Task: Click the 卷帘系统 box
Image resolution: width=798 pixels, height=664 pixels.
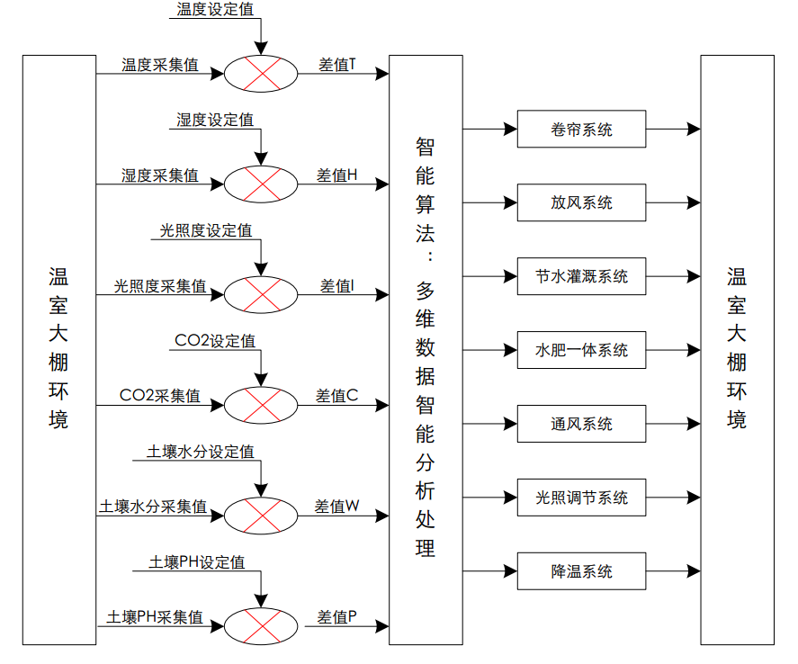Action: pos(581,129)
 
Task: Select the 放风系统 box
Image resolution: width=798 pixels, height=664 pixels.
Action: pos(581,202)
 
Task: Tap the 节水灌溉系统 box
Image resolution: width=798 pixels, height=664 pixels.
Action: pos(581,276)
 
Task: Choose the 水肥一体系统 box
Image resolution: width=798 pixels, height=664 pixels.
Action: pos(581,350)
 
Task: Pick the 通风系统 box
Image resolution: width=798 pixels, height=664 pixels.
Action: pos(581,424)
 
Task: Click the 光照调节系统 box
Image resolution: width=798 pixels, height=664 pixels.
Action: pos(581,498)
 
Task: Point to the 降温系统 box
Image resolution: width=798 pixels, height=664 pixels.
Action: pos(581,571)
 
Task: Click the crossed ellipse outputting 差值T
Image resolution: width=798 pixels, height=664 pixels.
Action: pos(260,73)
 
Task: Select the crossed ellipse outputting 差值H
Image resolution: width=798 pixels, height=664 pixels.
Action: pos(260,184)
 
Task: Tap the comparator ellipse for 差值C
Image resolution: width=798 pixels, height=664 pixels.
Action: pos(260,404)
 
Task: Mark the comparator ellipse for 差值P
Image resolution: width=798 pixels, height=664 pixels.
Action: pos(260,625)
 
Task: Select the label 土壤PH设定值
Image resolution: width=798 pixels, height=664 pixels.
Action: pos(196,562)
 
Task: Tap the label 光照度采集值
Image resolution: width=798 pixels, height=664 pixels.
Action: pos(159,286)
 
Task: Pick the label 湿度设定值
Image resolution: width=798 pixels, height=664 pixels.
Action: pos(214,120)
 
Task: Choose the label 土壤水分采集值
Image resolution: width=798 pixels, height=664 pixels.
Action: pos(153,507)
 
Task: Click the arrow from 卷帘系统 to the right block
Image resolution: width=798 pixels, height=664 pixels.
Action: pos(672,129)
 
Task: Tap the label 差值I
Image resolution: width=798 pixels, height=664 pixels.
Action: pos(336,286)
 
